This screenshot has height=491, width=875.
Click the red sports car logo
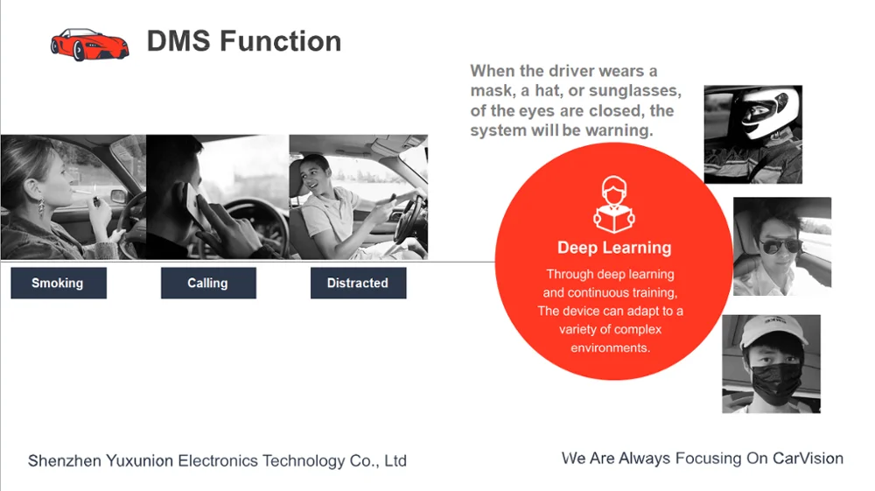pyautogui.click(x=89, y=44)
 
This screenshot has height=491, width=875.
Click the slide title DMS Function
pyautogui.click(x=243, y=41)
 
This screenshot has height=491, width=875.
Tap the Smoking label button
pyautogui.click(x=58, y=284)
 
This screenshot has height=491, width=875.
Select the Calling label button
pyautogui.click(x=207, y=284)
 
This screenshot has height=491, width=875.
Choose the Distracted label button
pyautogui.click(x=358, y=284)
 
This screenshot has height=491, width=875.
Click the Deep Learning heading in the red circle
pyautogui.click(x=614, y=248)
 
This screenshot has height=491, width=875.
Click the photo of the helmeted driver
pyautogui.click(x=752, y=134)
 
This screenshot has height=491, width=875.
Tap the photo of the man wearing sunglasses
pyautogui.click(x=781, y=246)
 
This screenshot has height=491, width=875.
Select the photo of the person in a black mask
pyautogui.click(x=771, y=364)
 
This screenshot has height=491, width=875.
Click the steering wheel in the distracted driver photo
pyautogui.click(x=408, y=215)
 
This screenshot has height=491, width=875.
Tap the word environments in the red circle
pyautogui.click(x=610, y=347)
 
